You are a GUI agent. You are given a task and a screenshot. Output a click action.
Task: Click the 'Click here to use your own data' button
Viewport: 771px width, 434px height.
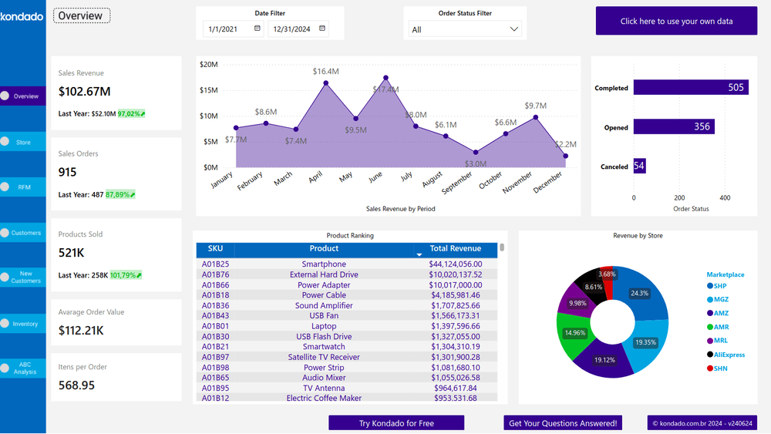point(676,21)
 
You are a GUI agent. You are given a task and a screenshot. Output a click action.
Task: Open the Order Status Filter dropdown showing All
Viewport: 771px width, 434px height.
point(465,29)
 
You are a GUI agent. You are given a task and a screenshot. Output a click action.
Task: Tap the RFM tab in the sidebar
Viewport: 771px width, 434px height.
point(23,187)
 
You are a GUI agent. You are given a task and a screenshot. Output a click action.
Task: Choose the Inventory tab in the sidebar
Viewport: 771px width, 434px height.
point(23,324)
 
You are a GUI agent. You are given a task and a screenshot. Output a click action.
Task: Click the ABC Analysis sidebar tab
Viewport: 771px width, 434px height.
point(23,368)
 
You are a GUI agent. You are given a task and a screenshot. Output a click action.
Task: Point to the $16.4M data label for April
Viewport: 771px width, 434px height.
point(326,72)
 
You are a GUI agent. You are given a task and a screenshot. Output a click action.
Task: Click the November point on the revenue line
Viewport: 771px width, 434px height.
point(536,118)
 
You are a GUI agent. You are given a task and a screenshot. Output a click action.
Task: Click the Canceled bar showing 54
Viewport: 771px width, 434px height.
point(639,166)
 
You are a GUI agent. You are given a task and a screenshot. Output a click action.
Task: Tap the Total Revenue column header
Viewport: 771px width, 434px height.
point(455,249)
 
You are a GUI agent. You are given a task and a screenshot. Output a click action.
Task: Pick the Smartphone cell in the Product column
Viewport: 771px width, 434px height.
point(324,264)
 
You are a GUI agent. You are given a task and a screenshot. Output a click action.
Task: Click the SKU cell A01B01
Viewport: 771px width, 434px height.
point(215,326)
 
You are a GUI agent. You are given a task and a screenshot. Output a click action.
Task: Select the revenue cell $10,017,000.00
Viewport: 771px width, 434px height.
point(455,285)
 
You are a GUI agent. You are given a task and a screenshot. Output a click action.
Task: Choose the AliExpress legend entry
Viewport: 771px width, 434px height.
point(729,355)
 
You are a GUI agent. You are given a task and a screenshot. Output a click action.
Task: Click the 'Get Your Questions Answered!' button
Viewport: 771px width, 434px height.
point(563,423)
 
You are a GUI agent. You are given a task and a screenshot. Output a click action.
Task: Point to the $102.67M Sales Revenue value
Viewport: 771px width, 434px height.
point(84,92)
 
